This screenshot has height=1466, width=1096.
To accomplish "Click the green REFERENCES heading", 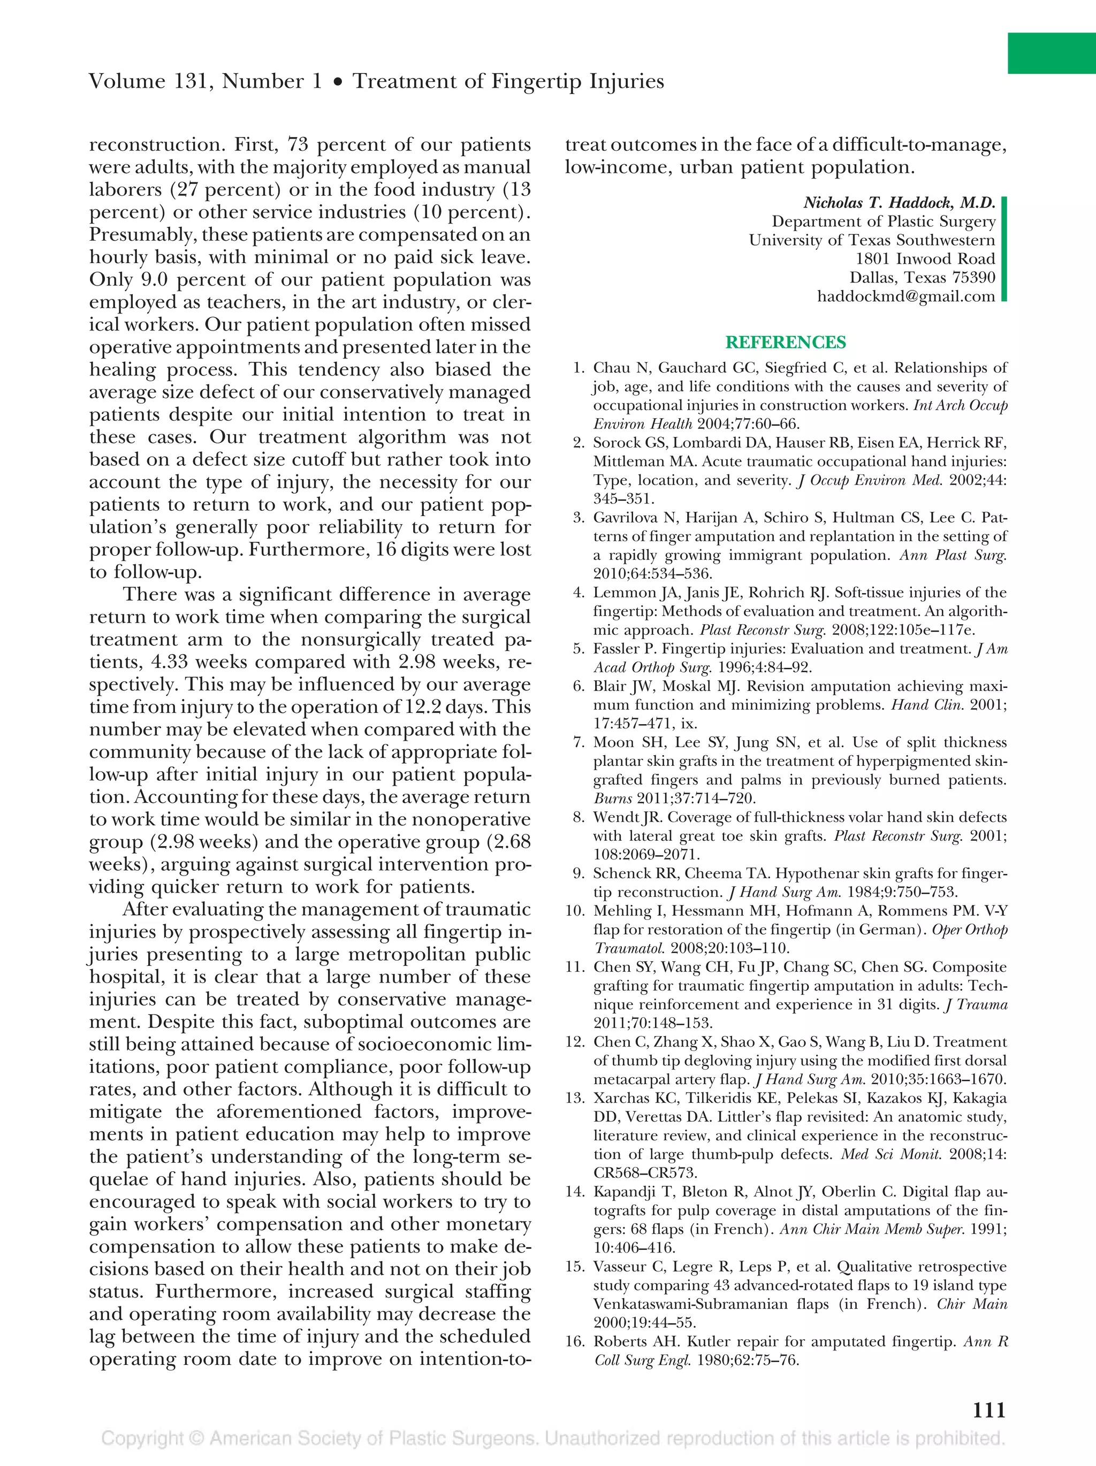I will [785, 343].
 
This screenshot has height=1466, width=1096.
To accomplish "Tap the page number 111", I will [988, 1410].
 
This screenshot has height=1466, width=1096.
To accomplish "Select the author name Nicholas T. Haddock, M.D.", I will [899, 203].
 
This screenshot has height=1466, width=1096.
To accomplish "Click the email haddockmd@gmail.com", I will [905, 296].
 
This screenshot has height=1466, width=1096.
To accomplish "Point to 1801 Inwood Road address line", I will [925, 259].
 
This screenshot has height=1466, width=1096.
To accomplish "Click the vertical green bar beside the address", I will [1003, 249].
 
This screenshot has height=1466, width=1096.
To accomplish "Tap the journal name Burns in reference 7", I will [608, 799].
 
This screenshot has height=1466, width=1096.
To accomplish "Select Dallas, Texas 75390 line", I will [922, 278].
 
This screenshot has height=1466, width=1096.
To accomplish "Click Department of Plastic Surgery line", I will [883, 222].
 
